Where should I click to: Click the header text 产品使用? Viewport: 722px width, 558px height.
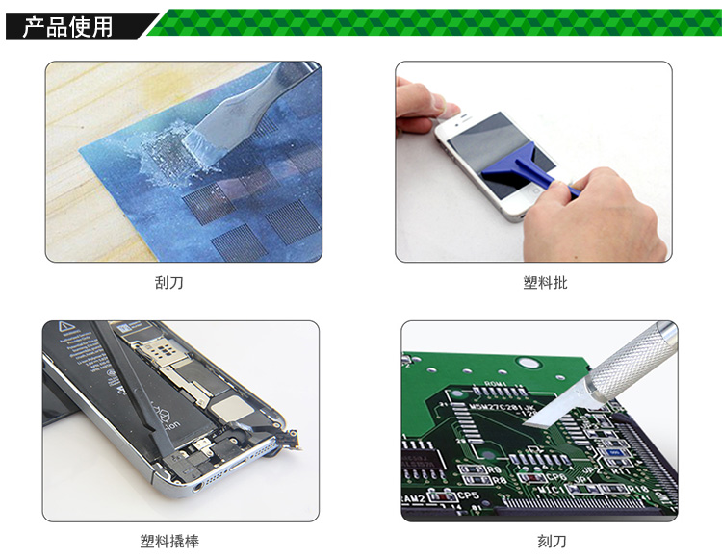coord(67,26)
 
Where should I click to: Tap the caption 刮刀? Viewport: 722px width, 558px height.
coord(169,282)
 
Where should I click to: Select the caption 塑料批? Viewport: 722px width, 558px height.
coord(545,282)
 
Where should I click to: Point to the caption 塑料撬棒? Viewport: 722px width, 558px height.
coord(169,541)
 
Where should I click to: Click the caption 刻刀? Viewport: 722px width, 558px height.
coord(552,541)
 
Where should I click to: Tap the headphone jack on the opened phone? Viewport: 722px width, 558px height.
coord(198,485)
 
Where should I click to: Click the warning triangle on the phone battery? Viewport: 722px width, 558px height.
coord(66,327)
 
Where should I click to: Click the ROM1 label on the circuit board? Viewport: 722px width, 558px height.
coord(496,384)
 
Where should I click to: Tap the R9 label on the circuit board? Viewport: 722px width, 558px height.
coord(494,470)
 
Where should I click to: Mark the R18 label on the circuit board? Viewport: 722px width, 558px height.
coord(637,489)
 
